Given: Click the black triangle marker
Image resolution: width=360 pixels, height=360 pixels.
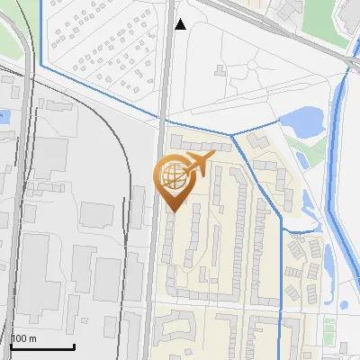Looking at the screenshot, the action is click(x=181, y=25).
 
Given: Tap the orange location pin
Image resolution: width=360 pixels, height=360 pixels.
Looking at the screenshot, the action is click(x=176, y=180).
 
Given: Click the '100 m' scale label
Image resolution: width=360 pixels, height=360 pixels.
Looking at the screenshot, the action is click(x=23, y=338).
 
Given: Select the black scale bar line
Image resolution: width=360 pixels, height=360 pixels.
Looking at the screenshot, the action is click(x=41, y=346).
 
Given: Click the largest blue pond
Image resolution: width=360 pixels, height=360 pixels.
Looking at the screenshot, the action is click(x=301, y=122).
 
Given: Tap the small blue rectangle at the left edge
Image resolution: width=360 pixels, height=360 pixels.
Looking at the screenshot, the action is click(x=3, y=115).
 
